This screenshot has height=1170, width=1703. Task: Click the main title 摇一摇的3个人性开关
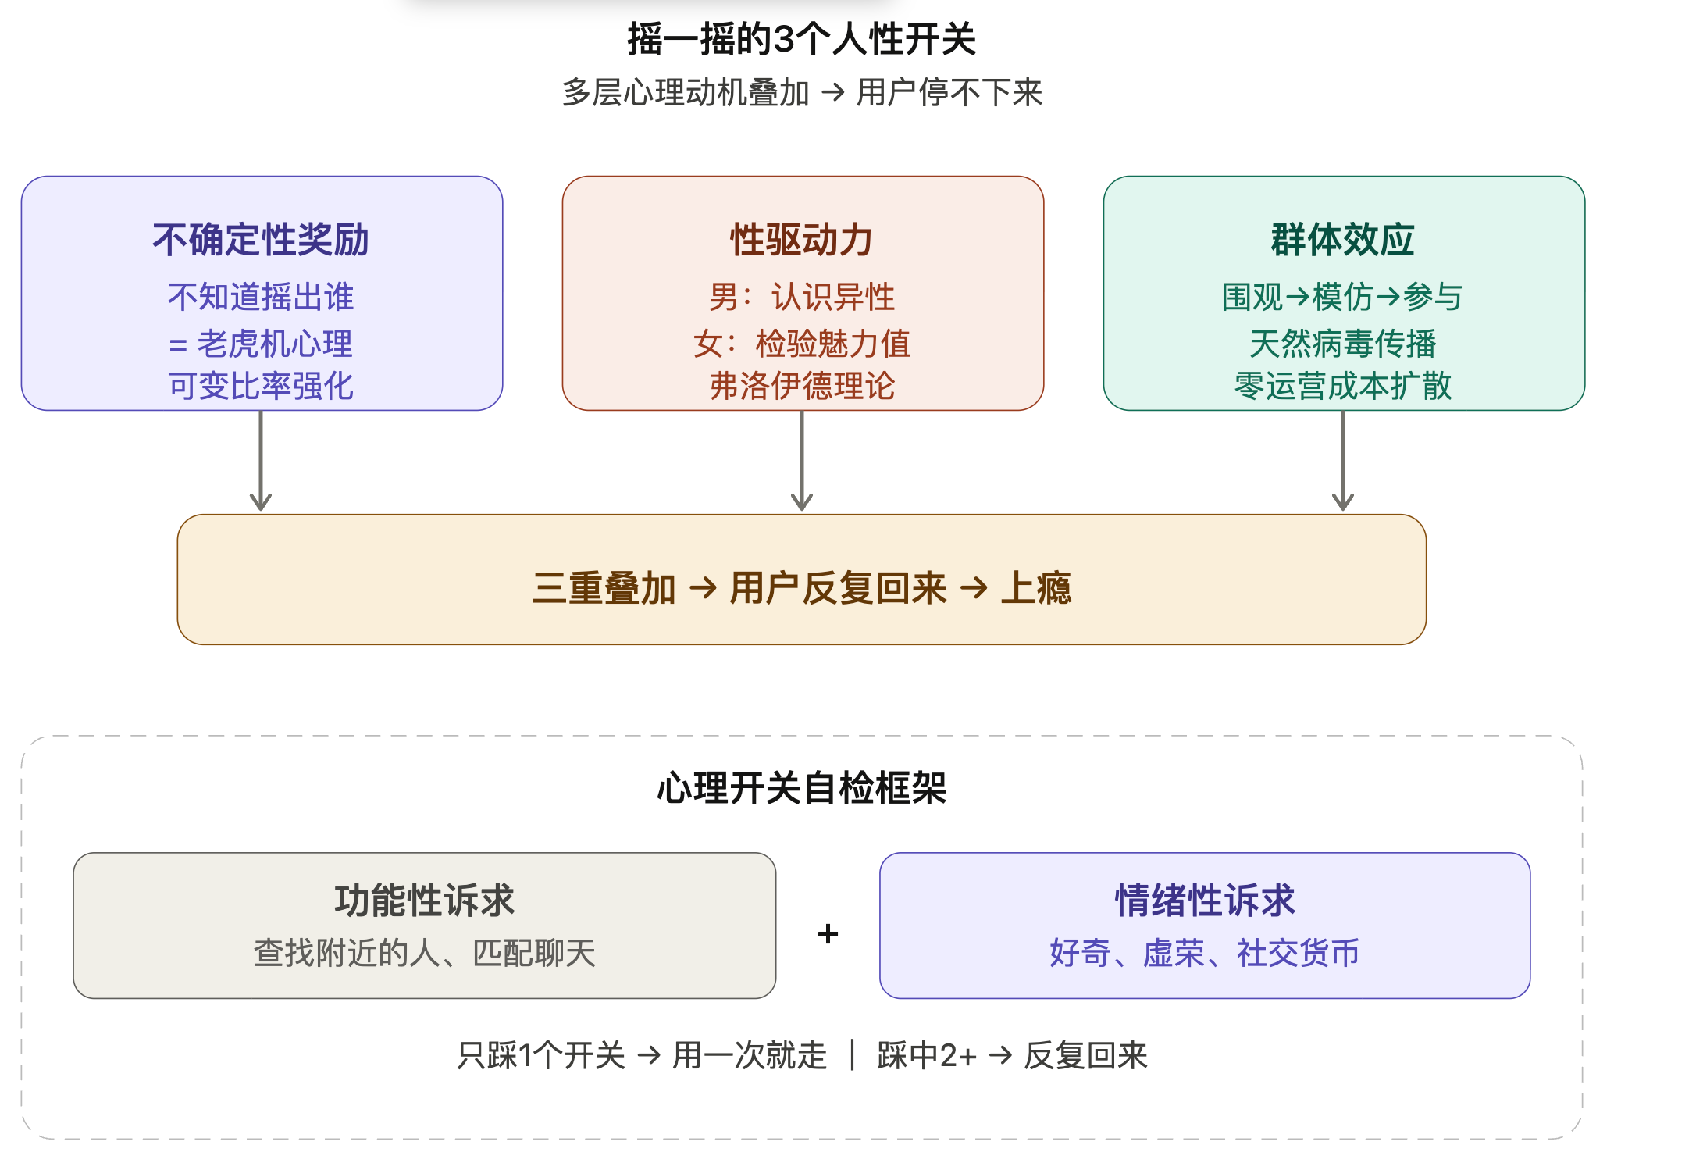(x=802, y=39)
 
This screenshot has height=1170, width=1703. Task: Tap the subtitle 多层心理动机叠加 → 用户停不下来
(x=802, y=93)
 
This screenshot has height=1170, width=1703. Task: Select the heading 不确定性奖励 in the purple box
(x=261, y=240)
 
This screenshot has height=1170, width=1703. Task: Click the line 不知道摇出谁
(x=261, y=297)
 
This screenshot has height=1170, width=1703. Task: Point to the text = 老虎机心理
(x=261, y=344)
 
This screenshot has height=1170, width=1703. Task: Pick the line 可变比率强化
(x=261, y=386)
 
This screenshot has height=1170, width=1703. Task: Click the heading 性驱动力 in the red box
(x=802, y=240)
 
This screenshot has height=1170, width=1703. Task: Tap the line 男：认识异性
(x=802, y=297)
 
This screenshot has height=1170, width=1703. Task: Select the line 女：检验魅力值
(x=802, y=344)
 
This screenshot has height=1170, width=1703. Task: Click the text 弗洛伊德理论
(x=802, y=386)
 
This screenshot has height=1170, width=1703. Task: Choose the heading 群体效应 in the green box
(x=1343, y=240)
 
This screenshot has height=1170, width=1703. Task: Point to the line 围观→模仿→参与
(x=1343, y=297)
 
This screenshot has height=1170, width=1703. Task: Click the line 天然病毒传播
(x=1343, y=344)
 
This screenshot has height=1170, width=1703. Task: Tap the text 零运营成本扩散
(x=1343, y=386)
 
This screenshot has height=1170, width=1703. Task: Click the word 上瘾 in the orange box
(x=1035, y=588)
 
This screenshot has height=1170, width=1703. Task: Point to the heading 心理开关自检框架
(x=802, y=788)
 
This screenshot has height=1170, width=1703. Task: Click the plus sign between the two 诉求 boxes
(x=828, y=933)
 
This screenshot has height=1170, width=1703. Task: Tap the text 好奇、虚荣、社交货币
(x=1204, y=953)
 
